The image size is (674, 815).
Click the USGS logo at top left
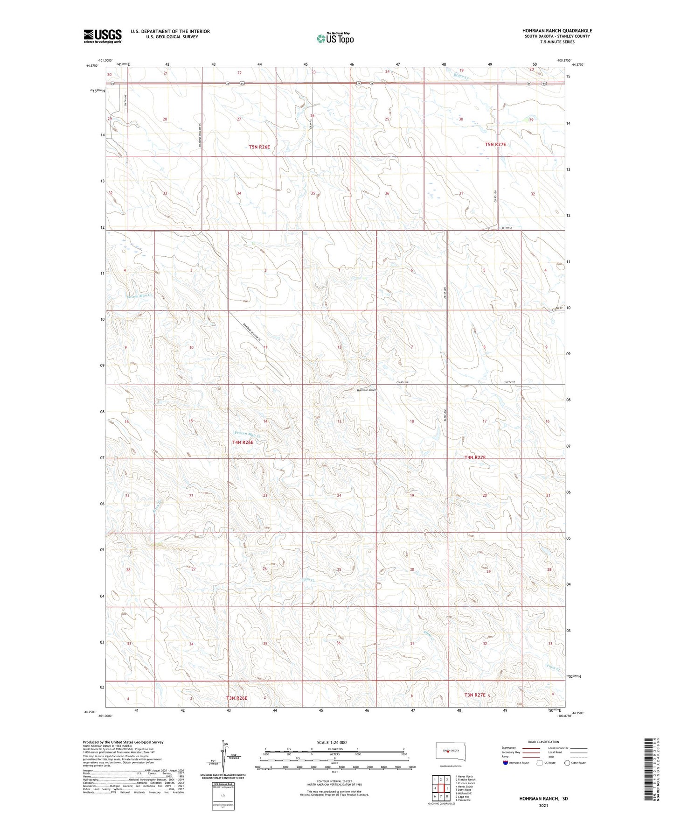[103, 36]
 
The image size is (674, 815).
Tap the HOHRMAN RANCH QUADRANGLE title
[557, 31]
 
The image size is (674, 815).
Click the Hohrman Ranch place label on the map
[366, 390]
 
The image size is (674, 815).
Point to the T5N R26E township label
[259, 147]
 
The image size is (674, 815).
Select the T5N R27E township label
[495, 145]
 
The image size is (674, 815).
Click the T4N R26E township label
[243, 442]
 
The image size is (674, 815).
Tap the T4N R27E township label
[475, 457]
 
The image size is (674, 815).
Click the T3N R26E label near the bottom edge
[237, 698]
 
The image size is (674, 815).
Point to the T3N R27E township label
[475, 695]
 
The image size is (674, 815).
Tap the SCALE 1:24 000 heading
[332, 742]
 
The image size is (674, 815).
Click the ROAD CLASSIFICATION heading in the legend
[543, 742]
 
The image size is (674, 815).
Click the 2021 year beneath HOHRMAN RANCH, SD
[543, 806]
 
